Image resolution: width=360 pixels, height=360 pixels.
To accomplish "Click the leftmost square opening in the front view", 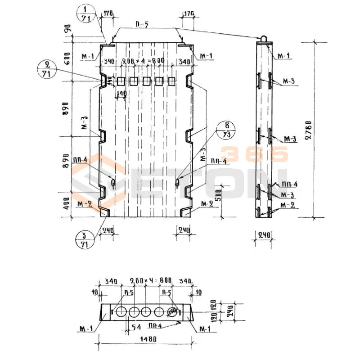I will (x=121, y=81).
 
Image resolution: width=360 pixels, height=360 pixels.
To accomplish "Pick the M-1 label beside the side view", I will (x=283, y=55).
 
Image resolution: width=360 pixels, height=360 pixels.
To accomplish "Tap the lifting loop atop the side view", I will (x=263, y=38).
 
